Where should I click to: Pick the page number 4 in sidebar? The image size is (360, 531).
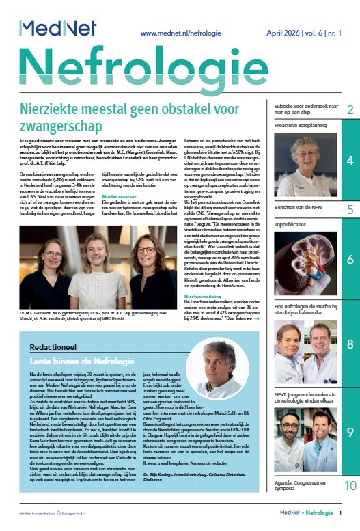coord(350,161)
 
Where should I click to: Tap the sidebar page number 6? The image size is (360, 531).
coord(350,260)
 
